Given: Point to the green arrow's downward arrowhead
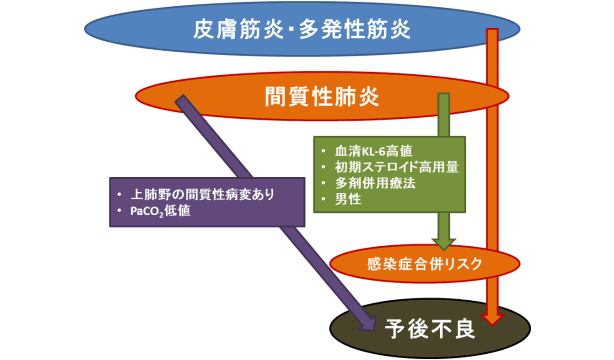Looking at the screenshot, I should (x=443, y=242).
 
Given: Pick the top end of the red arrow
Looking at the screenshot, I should (x=492, y=34).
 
